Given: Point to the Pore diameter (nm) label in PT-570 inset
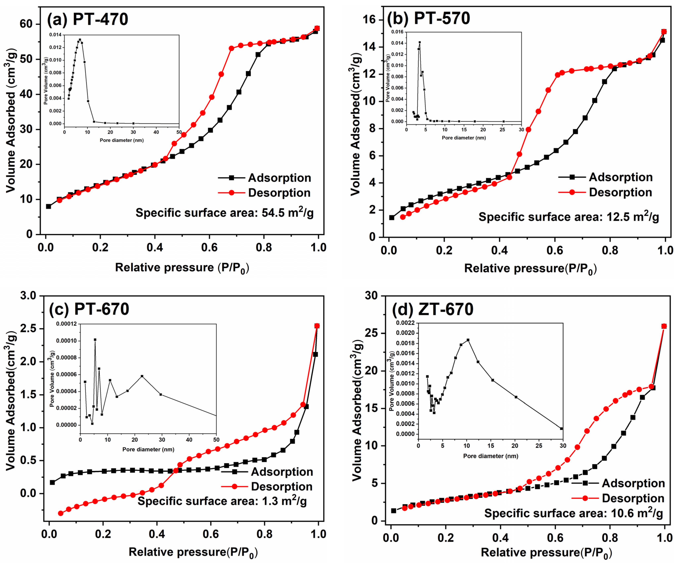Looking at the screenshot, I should [x=464, y=138].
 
